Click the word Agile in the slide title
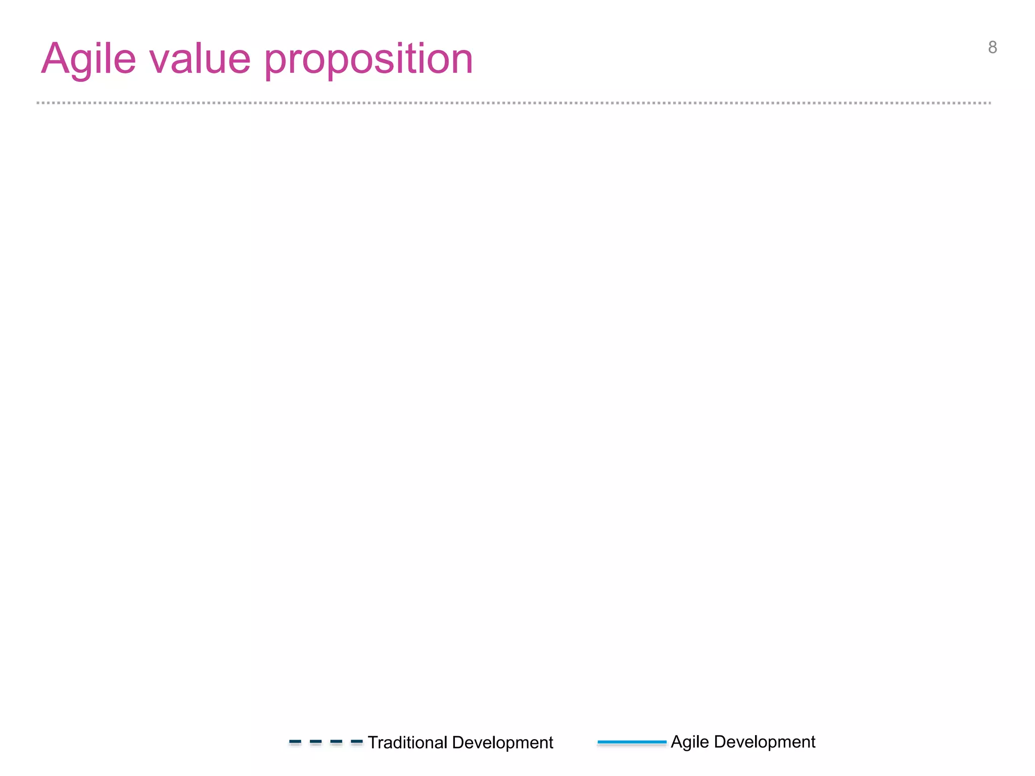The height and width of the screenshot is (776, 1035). pos(88,60)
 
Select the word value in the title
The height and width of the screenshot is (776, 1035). pos(200,60)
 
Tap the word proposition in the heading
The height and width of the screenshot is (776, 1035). pos(368,60)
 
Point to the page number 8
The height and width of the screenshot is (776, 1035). pos(993,47)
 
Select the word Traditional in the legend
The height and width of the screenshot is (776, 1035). pos(407,743)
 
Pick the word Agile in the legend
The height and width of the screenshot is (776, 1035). pos(690,742)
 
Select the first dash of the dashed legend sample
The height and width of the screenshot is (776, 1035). pos(295,742)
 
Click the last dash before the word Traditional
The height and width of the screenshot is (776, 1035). pos(357,742)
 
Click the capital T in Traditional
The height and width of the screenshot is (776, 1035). pos(373,743)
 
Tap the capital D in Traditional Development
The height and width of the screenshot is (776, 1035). pos(458,743)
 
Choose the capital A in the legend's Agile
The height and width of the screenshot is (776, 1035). pos(677,742)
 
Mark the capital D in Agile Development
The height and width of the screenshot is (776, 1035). pos(720,742)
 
